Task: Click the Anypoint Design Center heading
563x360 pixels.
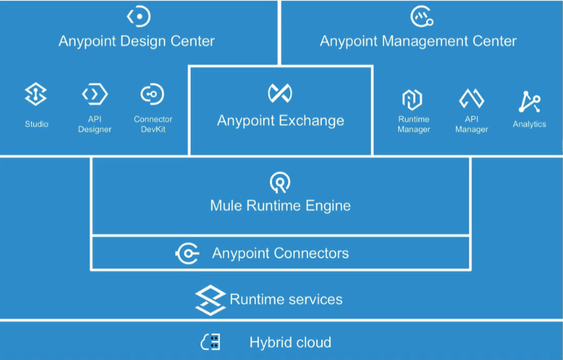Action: click(136, 41)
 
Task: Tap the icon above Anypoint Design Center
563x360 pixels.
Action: click(139, 16)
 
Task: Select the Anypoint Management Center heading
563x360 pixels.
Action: click(418, 41)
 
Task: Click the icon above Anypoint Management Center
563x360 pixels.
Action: click(421, 16)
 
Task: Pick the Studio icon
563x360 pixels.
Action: click(36, 94)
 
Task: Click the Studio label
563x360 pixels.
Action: click(36, 124)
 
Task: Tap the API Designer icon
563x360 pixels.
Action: click(94, 94)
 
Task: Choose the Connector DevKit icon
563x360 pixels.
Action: click(152, 94)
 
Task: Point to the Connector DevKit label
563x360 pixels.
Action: click(153, 124)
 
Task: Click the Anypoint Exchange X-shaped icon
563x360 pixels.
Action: click(280, 93)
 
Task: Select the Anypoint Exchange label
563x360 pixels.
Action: click(280, 120)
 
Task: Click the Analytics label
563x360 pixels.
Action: click(529, 124)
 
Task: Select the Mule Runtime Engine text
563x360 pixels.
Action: click(280, 206)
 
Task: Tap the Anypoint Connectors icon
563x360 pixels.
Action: click(187, 253)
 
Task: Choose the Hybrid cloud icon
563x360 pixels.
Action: click(211, 342)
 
